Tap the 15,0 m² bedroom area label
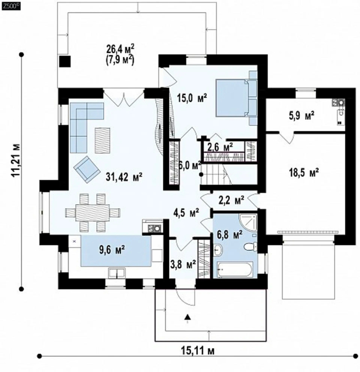coord(192,97)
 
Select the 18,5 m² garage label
coord(304,173)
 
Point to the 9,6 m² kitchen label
coord(112,250)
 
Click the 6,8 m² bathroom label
coord(230,235)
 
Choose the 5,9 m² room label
coord(302,115)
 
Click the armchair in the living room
coord(87,169)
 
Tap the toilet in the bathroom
coord(251,247)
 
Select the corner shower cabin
coord(248,223)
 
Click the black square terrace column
coord(64,62)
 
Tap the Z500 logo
coord(10,7)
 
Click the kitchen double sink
coord(117,273)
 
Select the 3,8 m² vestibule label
coord(183,264)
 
